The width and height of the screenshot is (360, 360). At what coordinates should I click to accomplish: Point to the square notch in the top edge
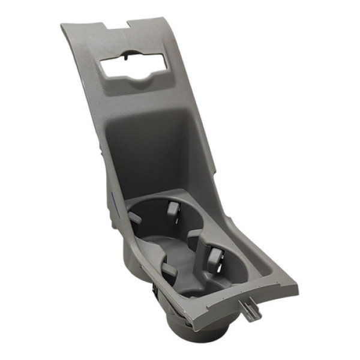[116, 26]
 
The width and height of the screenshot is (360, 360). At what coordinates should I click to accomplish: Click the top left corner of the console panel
[62, 26]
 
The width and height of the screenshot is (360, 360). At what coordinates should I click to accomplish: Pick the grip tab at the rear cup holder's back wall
[173, 210]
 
